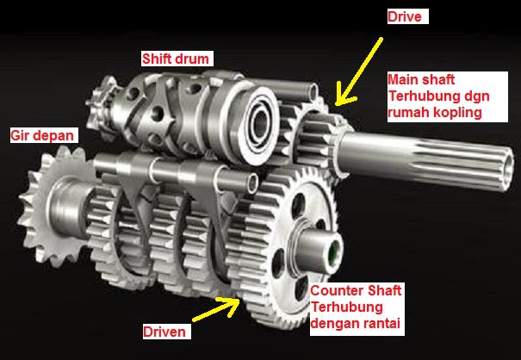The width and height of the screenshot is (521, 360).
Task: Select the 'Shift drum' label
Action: click(177, 59)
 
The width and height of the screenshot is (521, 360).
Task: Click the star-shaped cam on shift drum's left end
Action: click(109, 96)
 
